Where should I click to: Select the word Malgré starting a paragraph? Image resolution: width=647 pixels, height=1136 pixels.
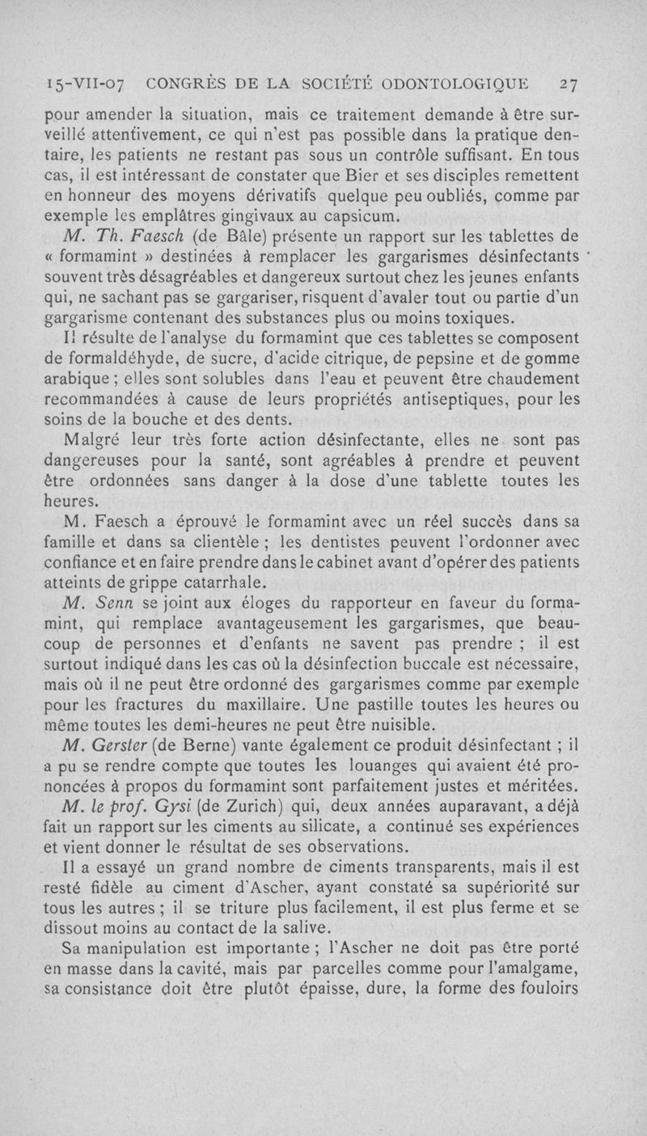(x=93, y=441)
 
